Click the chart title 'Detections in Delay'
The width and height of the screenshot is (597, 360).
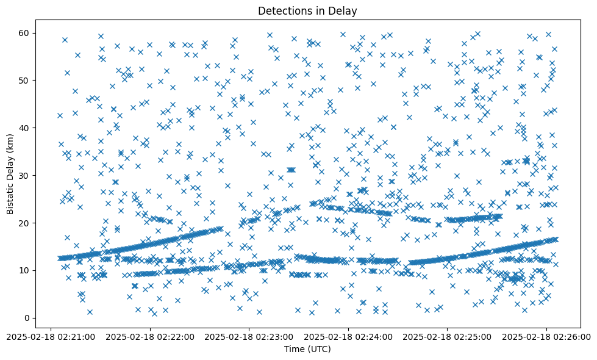(307, 10)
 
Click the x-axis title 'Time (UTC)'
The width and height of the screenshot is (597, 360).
(307, 349)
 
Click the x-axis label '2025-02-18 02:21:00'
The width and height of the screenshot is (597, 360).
(51, 336)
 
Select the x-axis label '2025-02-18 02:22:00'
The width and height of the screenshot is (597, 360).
(150, 336)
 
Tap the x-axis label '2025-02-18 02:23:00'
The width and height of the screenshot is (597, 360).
(249, 336)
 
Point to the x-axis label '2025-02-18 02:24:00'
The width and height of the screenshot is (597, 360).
(348, 336)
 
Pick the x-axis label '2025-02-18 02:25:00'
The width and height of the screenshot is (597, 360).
(448, 336)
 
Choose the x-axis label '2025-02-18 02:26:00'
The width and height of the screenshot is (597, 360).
(546, 336)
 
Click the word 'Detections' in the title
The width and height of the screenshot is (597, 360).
(284, 10)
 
